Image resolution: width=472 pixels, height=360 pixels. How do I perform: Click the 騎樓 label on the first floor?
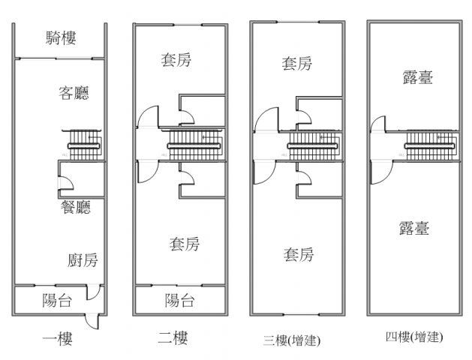tap(60, 37)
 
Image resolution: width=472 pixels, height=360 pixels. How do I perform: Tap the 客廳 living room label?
tap(74, 93)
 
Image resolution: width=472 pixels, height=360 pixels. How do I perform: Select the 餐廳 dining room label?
tap(75, 207)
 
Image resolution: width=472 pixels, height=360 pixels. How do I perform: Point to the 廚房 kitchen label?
tap(83, 260)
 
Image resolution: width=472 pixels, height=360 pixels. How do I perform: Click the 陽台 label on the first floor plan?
tap(57, 301)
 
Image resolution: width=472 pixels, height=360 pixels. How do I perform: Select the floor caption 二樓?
tap(173, 339)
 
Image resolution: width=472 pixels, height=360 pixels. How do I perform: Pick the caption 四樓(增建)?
tap(412, 337)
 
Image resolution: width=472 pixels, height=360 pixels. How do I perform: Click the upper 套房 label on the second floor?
tap(176, 60)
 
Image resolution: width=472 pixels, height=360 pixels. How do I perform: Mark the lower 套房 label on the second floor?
tap(184, 244)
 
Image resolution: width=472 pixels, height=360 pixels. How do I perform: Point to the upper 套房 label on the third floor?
tap(296, 64)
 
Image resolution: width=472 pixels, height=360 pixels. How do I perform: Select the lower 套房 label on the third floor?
tap(298, 255)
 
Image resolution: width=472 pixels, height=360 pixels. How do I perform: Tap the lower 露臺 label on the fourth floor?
tap(414, 228)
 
